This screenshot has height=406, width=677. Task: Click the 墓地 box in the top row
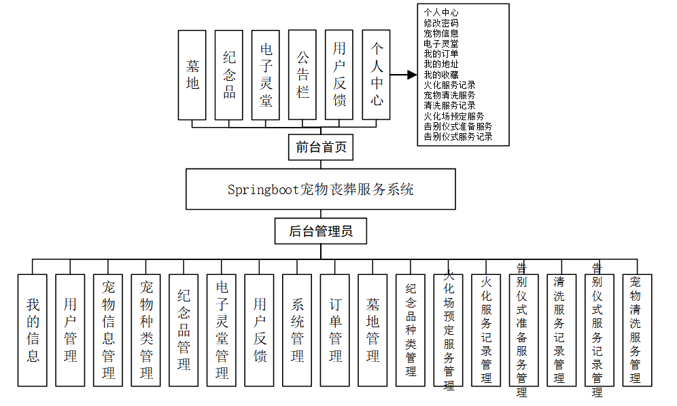point(193,75)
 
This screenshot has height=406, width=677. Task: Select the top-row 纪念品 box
point(230,75)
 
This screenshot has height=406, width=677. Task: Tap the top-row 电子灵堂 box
point(266,75)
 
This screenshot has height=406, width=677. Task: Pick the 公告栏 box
point(303,75)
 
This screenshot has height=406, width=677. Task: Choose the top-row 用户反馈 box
point(340,75)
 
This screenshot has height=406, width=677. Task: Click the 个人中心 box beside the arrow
point(377,75)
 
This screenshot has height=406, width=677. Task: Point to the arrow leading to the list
point(404,75)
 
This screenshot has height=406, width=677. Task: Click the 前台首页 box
point(321,147)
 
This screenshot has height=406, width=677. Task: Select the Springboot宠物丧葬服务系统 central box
point(321,189)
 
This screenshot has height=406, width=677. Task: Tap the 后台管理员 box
point(321,232)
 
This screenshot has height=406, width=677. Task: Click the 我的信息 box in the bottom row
point(33,330)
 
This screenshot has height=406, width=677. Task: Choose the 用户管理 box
point(71,330)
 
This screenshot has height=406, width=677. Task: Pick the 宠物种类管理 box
point(146,330)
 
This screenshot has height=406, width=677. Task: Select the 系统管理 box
point(298,330)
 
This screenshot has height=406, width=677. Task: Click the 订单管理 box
point(335,330)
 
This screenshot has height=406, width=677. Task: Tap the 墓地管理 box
point(373,330)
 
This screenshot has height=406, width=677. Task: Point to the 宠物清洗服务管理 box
point(637,330)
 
